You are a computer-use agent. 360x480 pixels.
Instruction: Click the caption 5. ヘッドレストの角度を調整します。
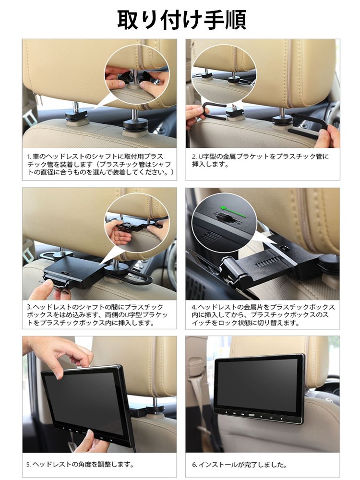pyautogui.click(x=80, y=464)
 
